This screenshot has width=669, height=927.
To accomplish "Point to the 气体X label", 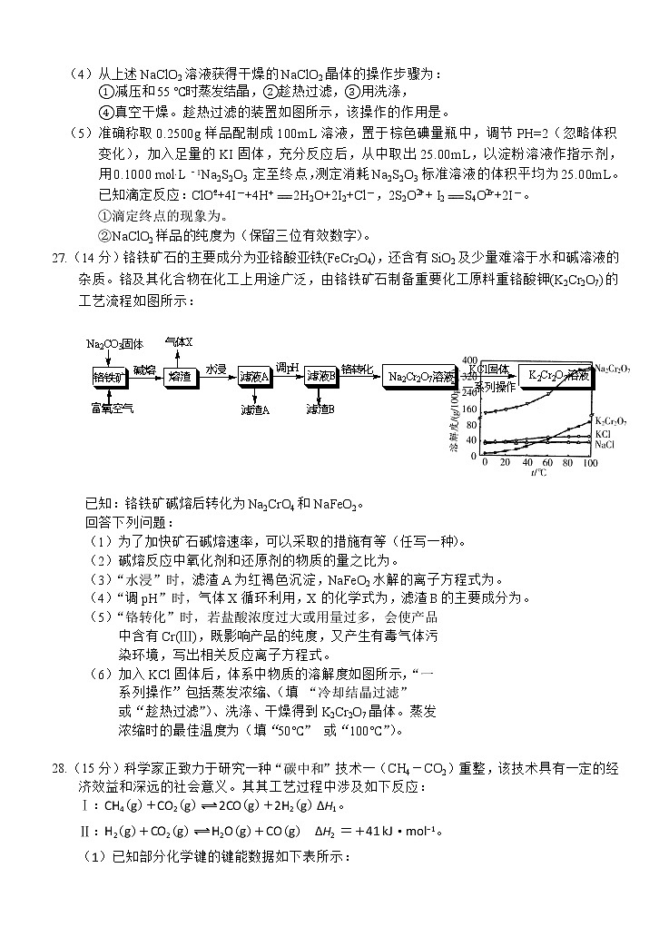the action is click(179, 341).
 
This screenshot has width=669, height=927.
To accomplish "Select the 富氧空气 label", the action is click(112, 409).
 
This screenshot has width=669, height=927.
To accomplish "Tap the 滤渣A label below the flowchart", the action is click(255, 409).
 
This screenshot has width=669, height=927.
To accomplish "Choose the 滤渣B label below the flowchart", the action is click(320, 409).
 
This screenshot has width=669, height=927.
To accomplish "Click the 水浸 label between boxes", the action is click(215, 369).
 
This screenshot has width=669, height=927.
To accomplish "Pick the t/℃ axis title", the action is click(538, 473).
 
